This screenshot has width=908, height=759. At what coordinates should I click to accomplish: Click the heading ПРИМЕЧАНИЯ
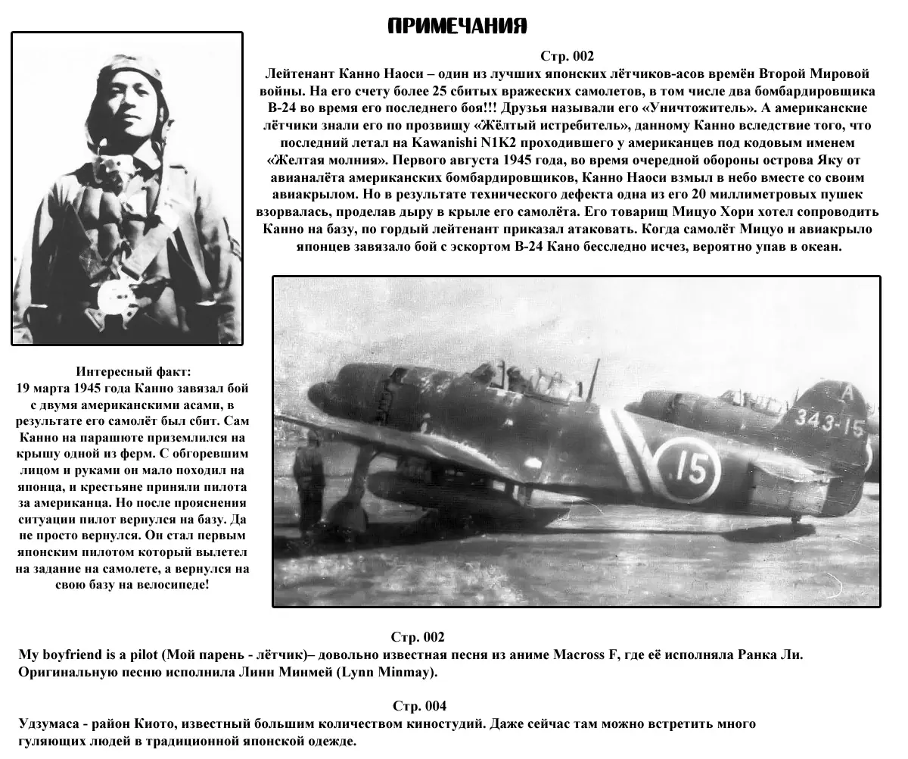457,27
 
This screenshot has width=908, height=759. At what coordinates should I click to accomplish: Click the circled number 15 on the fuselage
686,470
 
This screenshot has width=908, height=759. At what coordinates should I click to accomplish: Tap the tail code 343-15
829,422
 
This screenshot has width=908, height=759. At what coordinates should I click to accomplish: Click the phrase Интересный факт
134,373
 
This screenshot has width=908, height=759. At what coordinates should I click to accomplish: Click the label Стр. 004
418,707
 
